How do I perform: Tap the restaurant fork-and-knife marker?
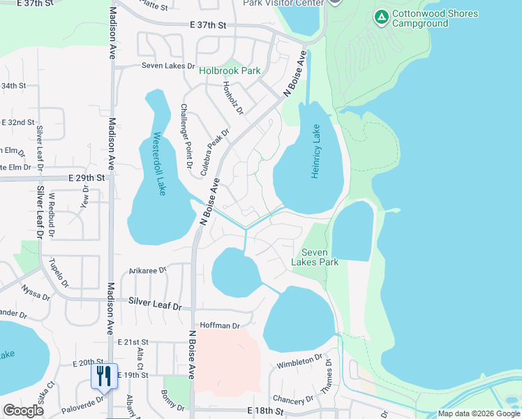(x=103, y=376)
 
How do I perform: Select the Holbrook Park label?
(x=230, y=71)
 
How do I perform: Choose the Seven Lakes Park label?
(x=320, y=257)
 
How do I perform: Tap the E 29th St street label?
(x=87, y=178)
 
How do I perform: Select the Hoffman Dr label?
(x=220, y=325)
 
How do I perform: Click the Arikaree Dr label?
(x=148, y=270)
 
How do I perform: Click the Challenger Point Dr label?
(x=184, y=137)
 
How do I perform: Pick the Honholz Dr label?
(x=232, y=98)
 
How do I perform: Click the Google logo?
(x=24, y=411)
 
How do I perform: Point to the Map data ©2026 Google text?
(x=478, y=413)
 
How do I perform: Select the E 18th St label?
(x=264, y=412)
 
